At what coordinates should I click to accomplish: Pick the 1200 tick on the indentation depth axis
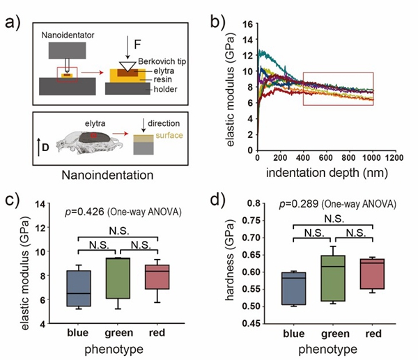[x=395, y=158]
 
